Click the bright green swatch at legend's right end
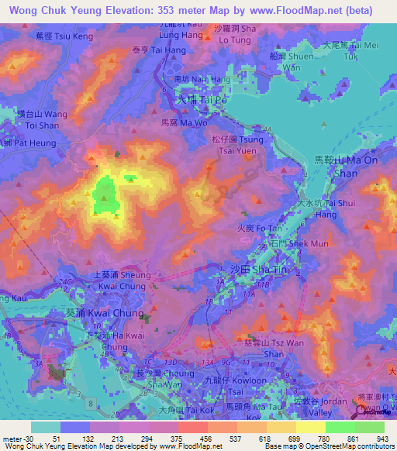(370, 427)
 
